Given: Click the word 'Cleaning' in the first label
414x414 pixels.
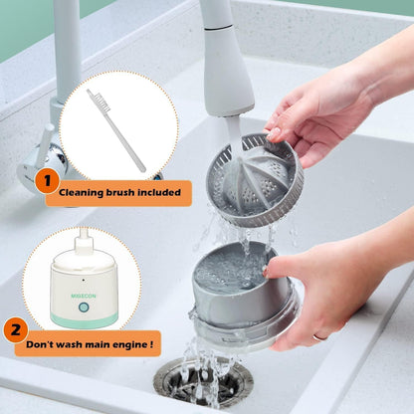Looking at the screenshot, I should (82, 192).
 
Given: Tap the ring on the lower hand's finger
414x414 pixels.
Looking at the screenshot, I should (319, 336).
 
